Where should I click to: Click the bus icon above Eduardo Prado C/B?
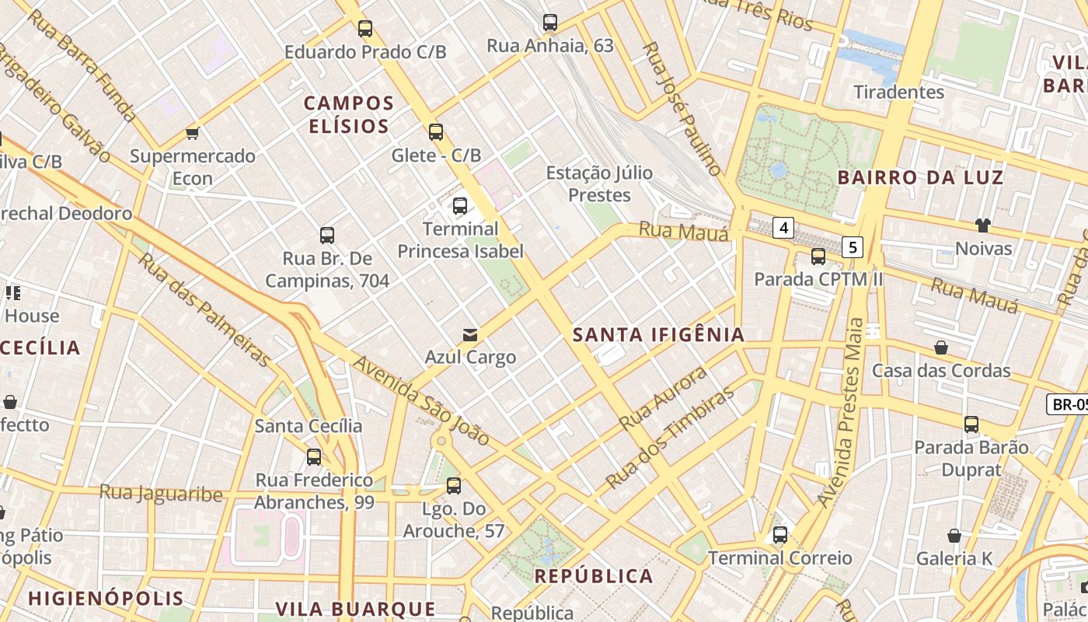click(364, 29)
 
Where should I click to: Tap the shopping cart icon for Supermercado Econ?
click(193, 133)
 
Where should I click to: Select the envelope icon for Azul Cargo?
click(470, 335)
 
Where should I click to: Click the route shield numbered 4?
click(783, 228)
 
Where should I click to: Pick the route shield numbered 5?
click(853, 247)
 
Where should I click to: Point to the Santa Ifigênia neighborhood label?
click(658, 335)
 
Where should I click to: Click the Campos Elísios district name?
click(349, 114)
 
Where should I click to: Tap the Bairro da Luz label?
click(920, 177)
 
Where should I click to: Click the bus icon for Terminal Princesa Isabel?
click(460, 206)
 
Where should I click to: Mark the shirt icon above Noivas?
click(983, 225)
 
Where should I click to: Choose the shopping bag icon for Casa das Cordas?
click(940, 348)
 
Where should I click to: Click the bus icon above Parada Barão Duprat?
click(971, 425)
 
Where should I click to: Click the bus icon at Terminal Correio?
click(779, 535)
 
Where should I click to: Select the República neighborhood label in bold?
click(594, 576)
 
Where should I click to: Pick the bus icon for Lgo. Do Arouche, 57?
click(453, 486)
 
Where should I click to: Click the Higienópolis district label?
click(106, 599)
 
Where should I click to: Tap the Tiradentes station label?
click(898, 92)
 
